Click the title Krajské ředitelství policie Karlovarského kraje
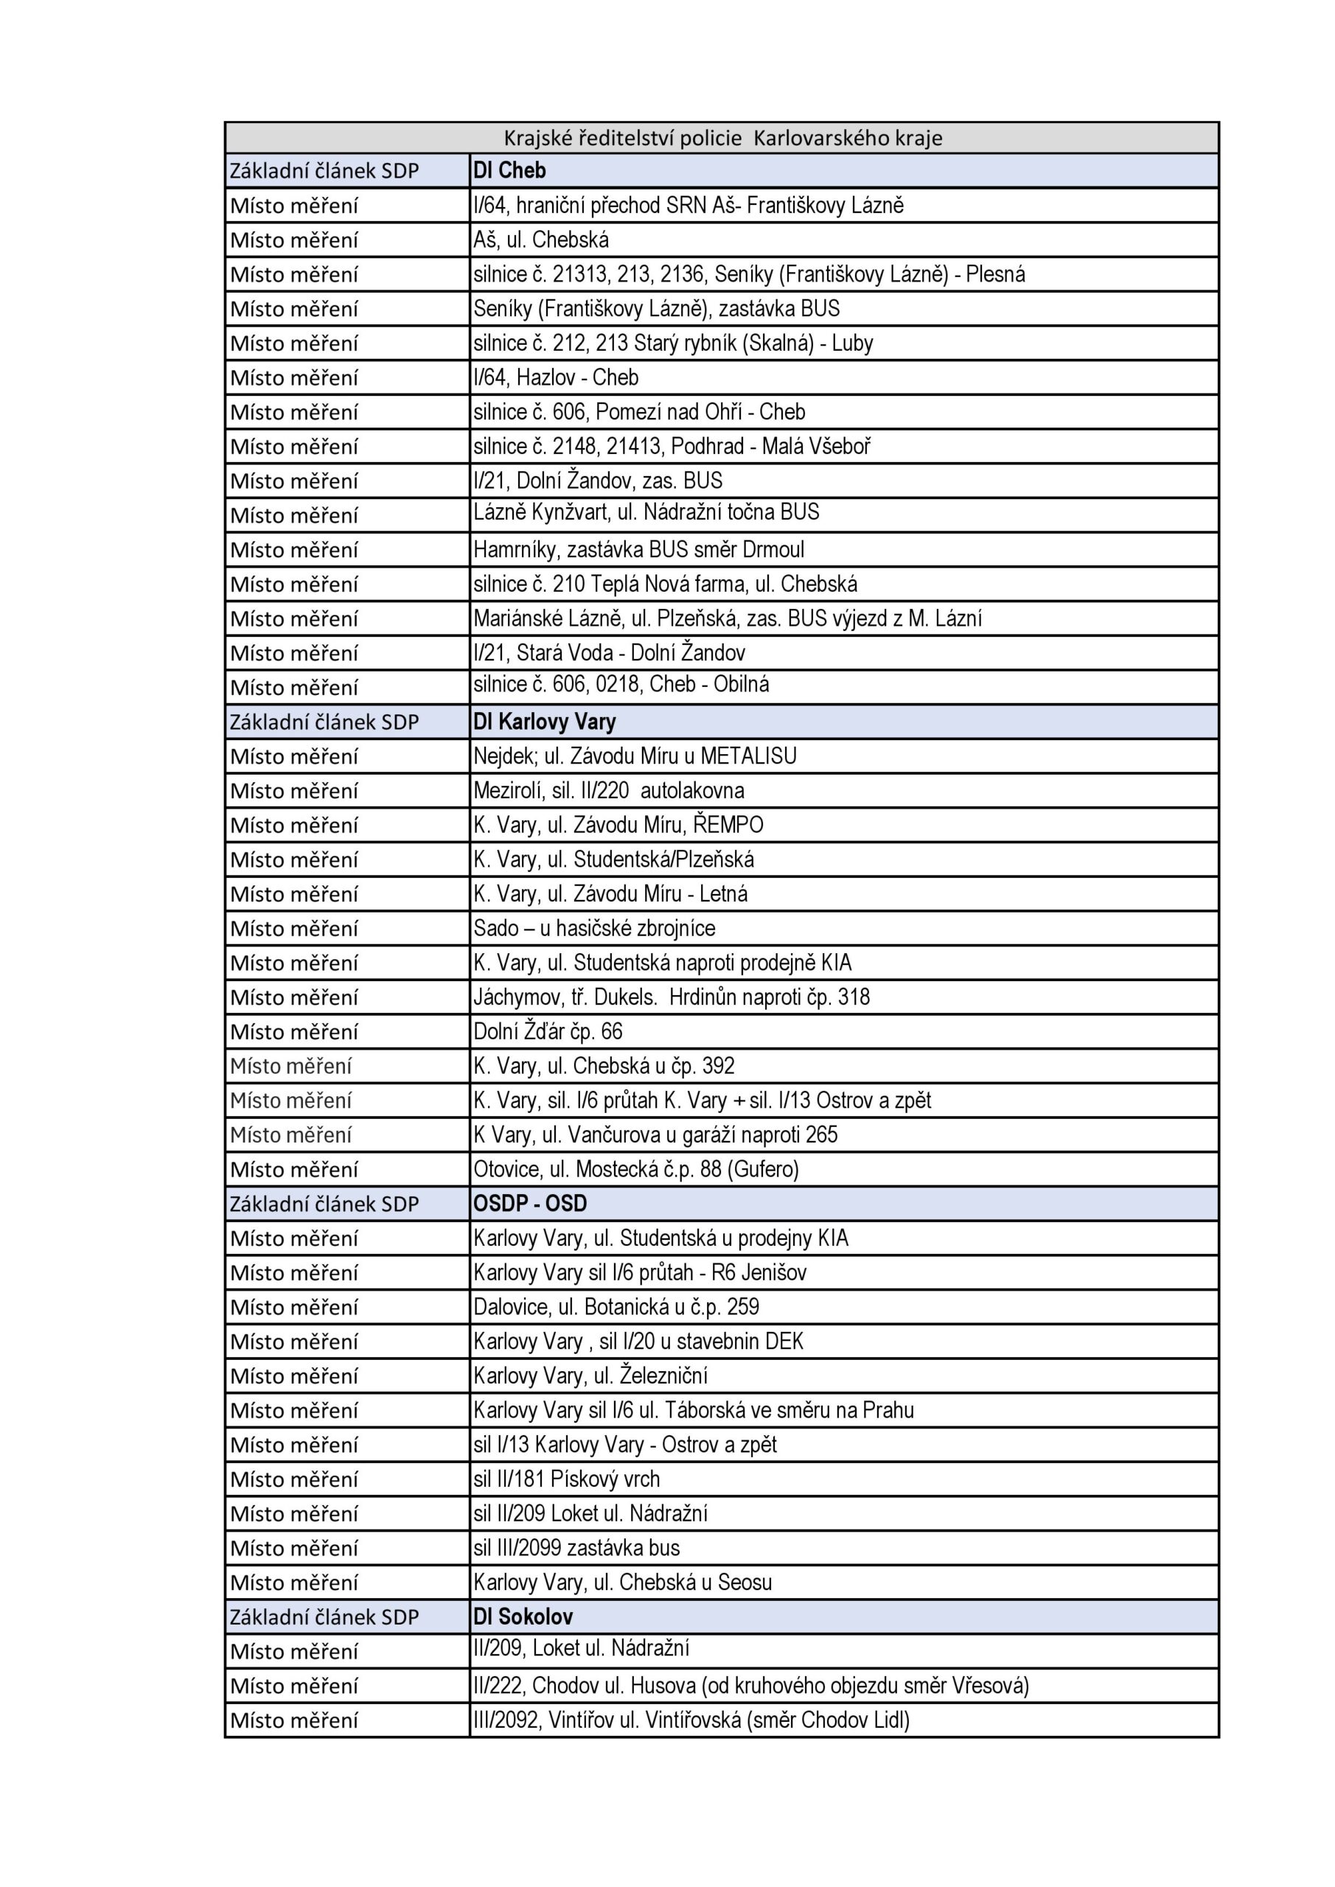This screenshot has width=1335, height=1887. pos(722,137)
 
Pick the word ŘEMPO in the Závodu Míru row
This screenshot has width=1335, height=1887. pos(728,824)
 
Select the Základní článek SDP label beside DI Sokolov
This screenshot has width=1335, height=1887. pos(324,1616)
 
